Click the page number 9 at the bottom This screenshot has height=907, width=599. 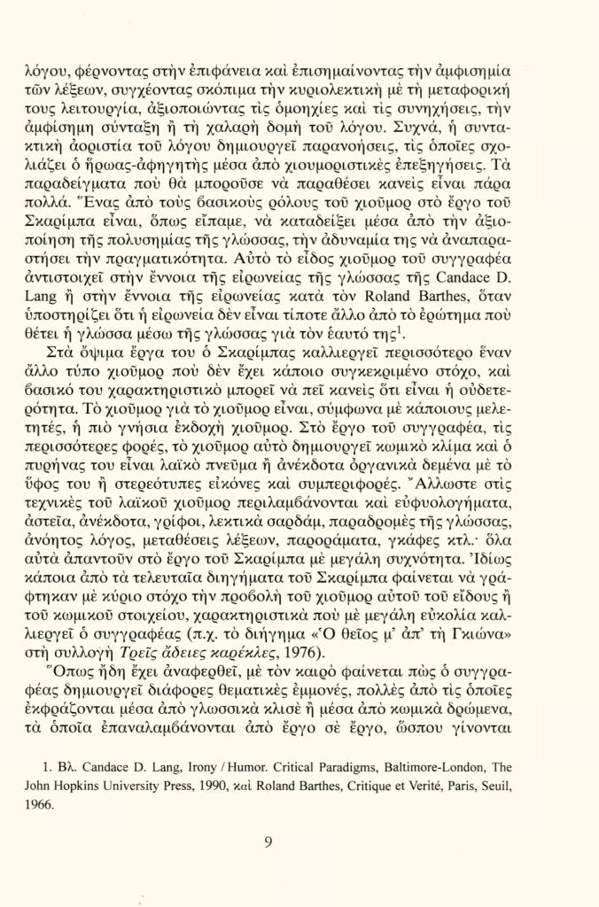pos(268,842)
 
